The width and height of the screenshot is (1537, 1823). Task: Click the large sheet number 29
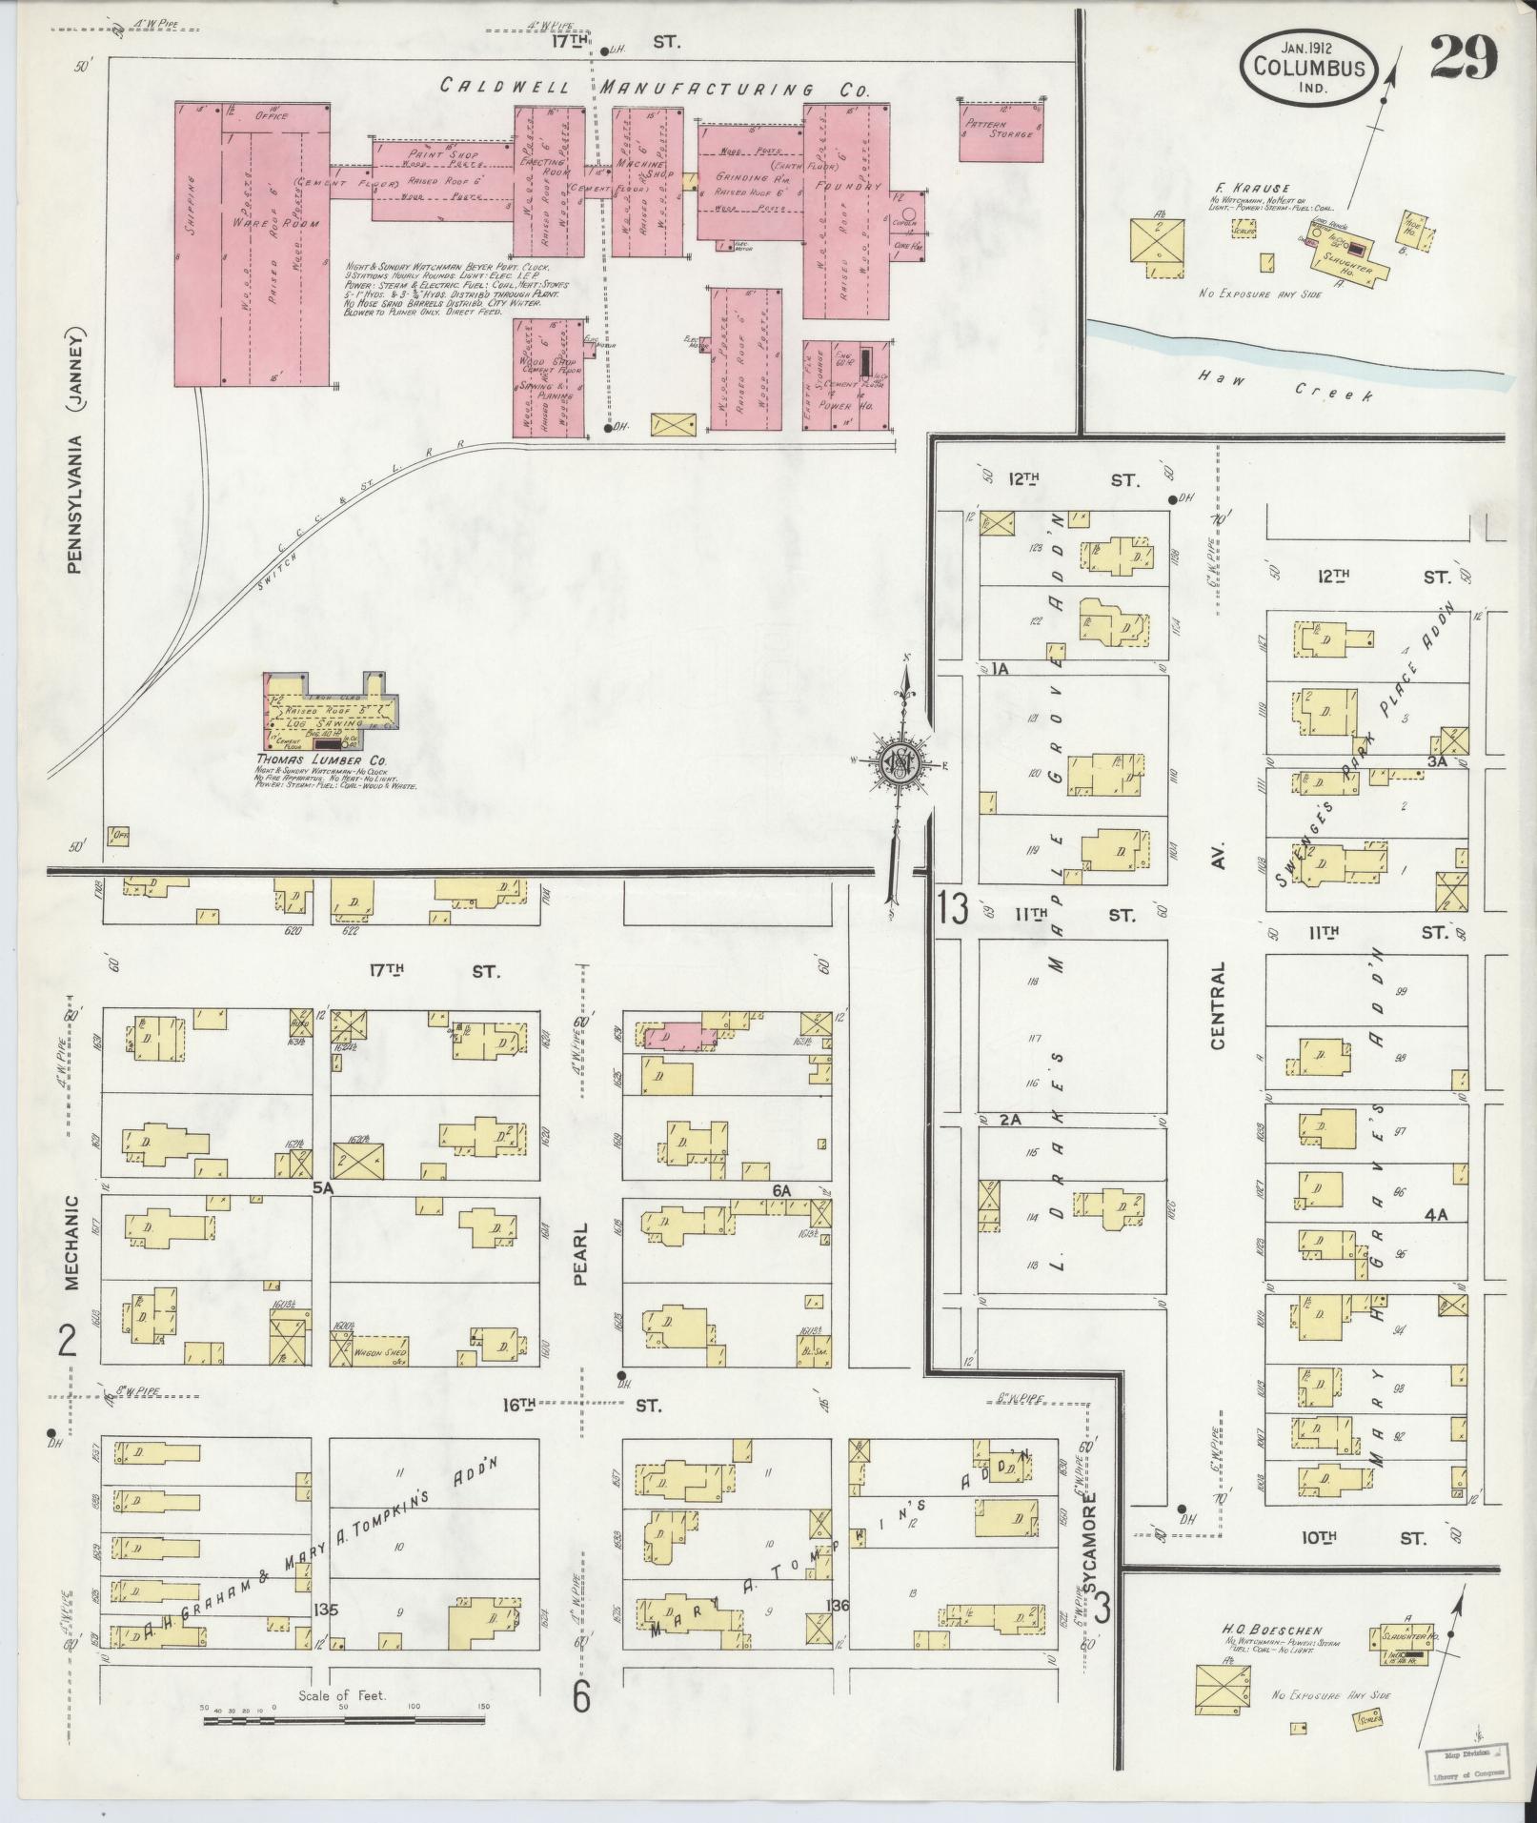pos(1464,60)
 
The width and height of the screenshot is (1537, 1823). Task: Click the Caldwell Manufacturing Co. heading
pos(656,89)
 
